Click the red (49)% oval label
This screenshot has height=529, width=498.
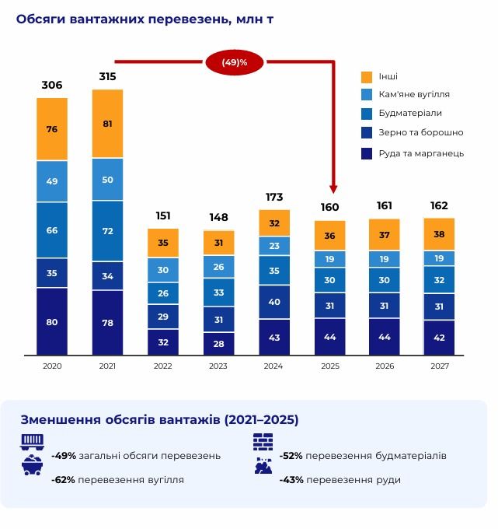235,61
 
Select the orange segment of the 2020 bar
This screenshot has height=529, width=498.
52,129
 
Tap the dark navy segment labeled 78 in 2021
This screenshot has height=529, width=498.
107,323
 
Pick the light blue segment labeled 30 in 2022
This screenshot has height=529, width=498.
163,270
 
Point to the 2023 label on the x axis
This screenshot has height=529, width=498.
218,366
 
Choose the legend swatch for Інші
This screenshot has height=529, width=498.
367,77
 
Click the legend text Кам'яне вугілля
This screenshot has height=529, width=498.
414,94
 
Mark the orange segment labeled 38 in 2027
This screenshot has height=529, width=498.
439,234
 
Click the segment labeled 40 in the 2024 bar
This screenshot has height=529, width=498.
273,302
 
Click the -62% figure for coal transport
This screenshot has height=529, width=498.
63,480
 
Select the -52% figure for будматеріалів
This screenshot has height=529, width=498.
291,455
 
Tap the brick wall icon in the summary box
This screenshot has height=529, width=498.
263,442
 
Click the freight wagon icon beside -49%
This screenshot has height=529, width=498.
32,442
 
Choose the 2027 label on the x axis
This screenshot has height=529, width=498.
439,366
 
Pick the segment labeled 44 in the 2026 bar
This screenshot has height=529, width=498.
384,337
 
